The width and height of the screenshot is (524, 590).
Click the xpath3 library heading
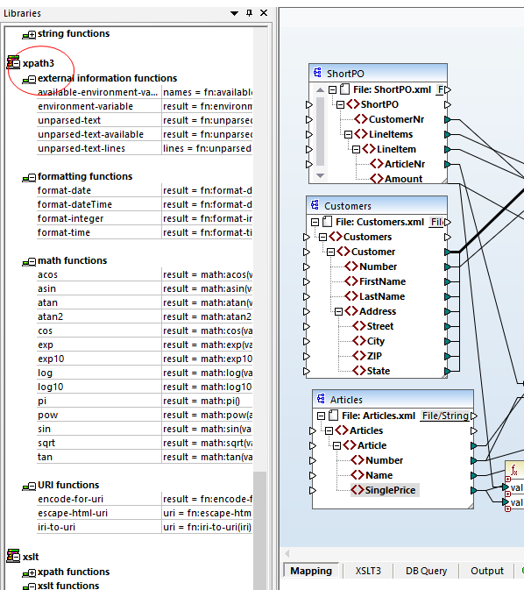tap(38, 63)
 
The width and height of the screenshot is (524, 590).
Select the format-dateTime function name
tap(74, 204)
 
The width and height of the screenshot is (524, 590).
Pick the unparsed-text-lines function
tap(81, 148)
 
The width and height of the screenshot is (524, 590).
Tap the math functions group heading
tap(73, 260)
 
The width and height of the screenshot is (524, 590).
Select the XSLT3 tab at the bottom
tap(368, 571)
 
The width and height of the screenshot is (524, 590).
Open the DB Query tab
tap(426, 571)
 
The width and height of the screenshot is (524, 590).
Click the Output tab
tap(487, 571)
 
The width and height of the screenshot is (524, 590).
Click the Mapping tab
tap(311, 571)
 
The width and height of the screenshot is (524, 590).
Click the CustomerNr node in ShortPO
tap(396, 119)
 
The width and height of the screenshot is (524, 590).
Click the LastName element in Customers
tap(382, 296)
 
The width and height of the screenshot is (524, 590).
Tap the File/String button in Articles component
tap(444, 416)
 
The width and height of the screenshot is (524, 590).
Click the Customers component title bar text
tap(348, 206)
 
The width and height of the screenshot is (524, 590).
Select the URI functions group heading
tap(68, 485)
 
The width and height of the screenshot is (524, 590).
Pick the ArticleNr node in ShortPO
tap(406, 164)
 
